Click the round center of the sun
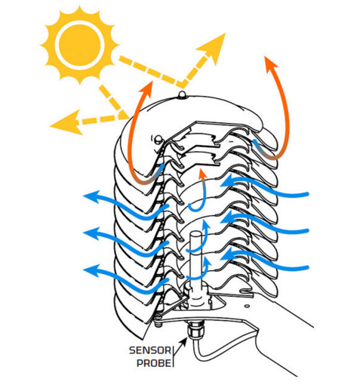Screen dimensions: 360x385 pos(79,45)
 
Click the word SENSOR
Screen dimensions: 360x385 pos(150,350)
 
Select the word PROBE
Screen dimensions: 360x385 pos(154,363)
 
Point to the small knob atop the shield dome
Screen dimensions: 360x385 pos(182,95)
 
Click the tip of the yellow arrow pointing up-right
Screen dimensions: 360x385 pos(225,33)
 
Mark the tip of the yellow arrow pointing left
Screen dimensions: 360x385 pos(50,125)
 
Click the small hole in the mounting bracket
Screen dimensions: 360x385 pos(248,306)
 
